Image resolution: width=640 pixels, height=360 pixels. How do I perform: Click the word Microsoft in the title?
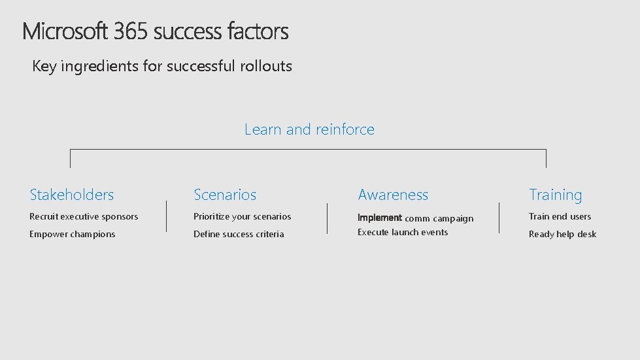[x=65, y=31]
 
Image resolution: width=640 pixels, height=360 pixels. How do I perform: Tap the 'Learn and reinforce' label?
[x=309, y=129]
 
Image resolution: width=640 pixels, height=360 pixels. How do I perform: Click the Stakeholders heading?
[x=71, y=195]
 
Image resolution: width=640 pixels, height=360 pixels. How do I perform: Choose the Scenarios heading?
[x=225, y=195]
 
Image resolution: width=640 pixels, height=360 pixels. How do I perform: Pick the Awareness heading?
[x=393, y=195]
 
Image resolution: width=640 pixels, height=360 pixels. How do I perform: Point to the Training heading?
[x=555, y=195]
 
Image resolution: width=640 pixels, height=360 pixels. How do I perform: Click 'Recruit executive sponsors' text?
[x=84, y=216]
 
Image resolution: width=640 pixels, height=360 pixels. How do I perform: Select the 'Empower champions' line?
[x=72, y=234]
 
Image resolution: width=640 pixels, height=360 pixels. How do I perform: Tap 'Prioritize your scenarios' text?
[x=242, y=216]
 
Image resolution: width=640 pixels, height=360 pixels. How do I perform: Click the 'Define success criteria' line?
[x=239, y=234]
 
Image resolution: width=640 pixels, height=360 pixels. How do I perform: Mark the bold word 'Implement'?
[x=379, y=218]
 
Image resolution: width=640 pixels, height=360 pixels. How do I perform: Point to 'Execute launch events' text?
[x=403, y=232]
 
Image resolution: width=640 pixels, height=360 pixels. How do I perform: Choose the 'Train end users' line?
[x=560, y=216]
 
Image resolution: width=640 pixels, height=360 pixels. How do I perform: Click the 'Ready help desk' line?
[x=562, y=234]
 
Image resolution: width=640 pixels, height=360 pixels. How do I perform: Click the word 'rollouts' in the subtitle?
[x=266, y=66]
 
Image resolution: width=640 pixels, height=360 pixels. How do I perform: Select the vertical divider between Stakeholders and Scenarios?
[x=167, y=216]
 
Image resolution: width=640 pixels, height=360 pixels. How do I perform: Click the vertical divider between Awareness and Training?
[x=499, y=218]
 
